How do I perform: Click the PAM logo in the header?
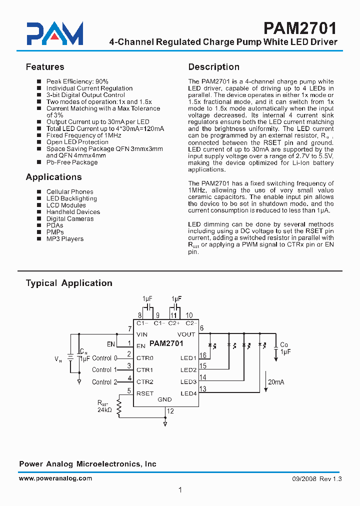[55, 34]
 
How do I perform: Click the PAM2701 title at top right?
[299, 27]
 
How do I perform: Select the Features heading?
[45, 67]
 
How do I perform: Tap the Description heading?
[213, 67]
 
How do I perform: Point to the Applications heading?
[53, 177]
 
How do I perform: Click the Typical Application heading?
[69, 283]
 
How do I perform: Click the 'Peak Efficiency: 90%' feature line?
[77, 81]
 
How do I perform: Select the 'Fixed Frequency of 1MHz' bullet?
[77, 135]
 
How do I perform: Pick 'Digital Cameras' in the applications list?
[70, 218]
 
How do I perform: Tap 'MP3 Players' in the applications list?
[65, 239]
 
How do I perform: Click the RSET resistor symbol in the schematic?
[119, 407]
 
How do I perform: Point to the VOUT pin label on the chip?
[186, 334]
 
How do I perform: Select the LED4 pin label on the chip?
[188, 393]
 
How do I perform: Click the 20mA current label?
[275, 381]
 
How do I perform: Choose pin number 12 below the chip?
[170, 411]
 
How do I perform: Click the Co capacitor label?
[284, 345]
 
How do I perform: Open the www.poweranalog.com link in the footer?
[55, 478]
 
